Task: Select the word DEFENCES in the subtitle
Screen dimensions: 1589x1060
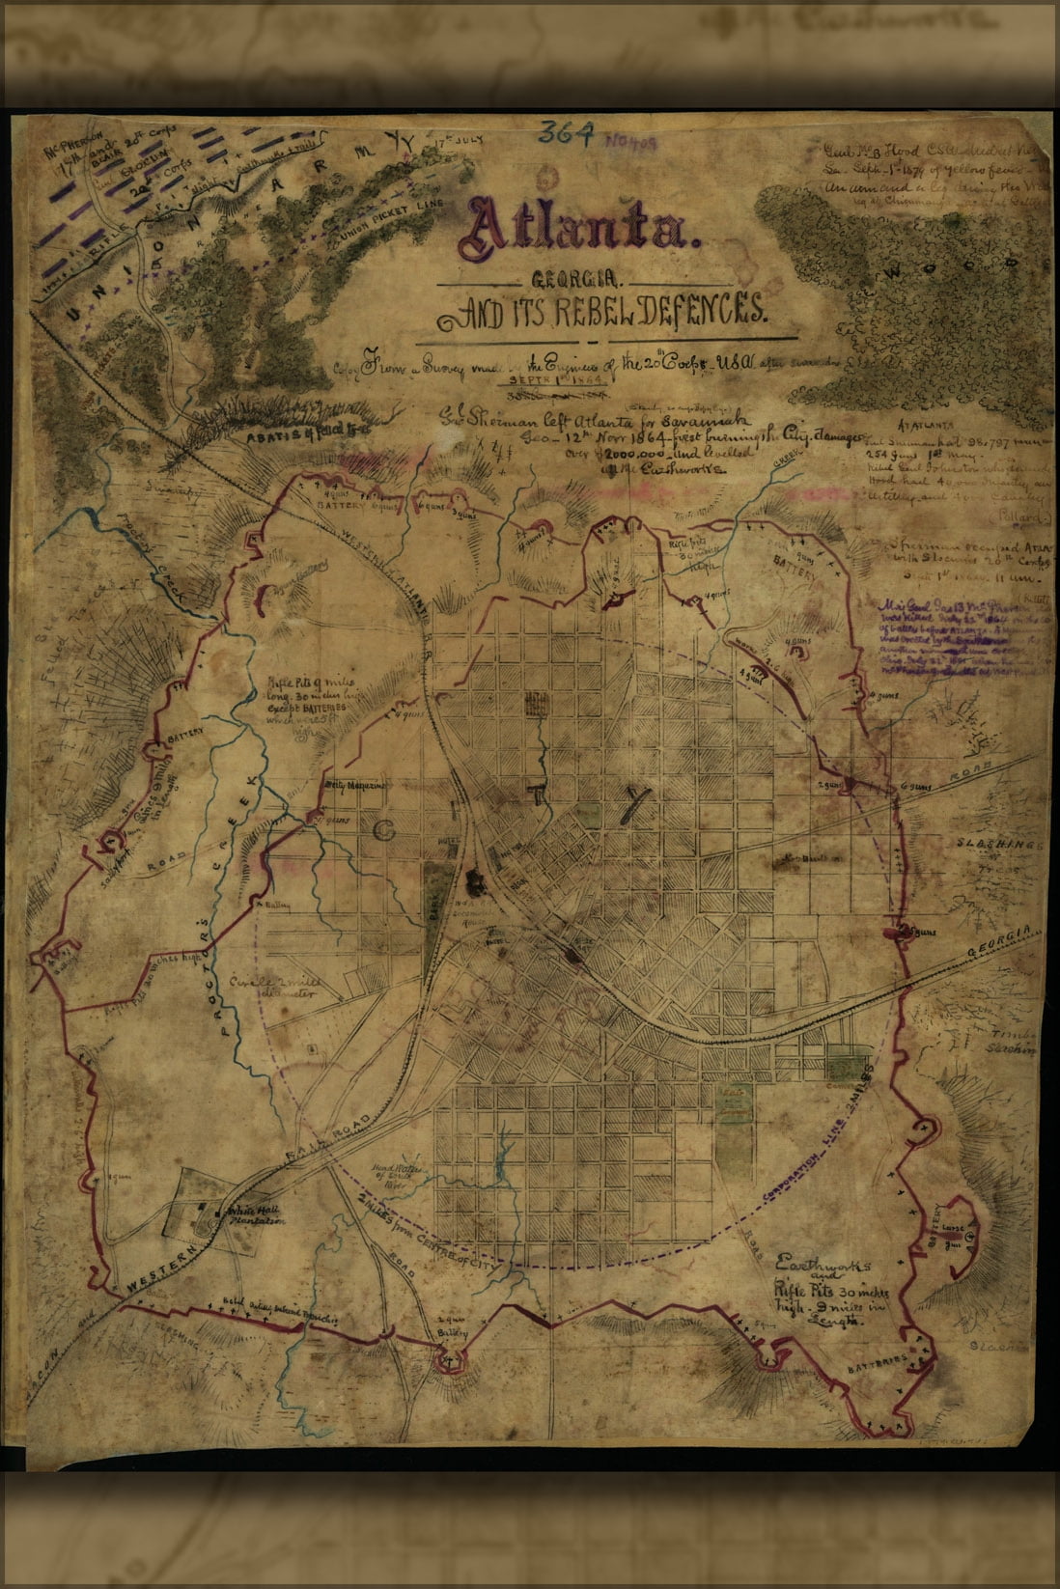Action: click(x=688, y=312)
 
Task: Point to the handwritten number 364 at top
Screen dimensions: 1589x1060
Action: click(x=569, y=133)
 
